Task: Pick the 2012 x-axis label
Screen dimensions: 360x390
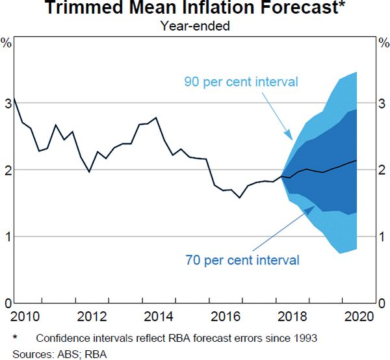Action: click(x=92, y=316)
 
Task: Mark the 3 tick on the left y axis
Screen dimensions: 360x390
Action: click(x=7, y=103)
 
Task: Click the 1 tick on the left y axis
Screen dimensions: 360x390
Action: click(x=7, y=237)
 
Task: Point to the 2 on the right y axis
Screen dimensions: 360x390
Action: click(x=383, y=170)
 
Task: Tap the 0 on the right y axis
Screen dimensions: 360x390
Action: click(x=383, y=303)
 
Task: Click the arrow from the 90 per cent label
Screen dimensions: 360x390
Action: click(x=277, y=114)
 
